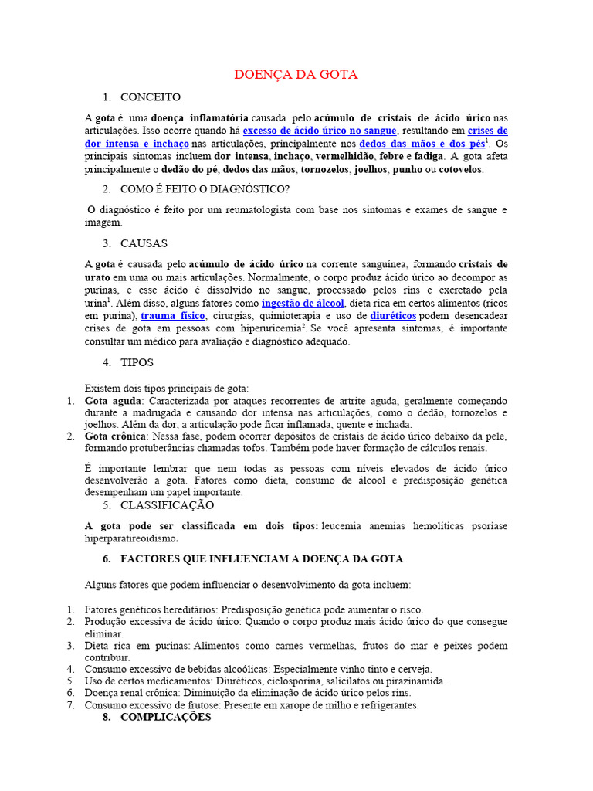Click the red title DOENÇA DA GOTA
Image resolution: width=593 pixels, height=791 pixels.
[296, 75]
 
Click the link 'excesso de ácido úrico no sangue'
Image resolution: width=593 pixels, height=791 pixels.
[319, 131]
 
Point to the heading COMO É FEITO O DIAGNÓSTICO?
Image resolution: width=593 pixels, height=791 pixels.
[205, 189]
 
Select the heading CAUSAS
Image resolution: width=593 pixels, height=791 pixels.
[144, 243]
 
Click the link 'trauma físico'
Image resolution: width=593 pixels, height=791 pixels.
[172, 316]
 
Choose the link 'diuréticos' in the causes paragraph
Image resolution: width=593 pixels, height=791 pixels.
[393, 316]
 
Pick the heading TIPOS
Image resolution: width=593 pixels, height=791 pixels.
[137, 362]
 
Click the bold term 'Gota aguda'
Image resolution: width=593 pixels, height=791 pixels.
[114, 401]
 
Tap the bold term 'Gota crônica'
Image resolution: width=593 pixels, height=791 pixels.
[116, 436]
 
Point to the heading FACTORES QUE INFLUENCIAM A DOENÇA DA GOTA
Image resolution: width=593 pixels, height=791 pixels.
[262, 558]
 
